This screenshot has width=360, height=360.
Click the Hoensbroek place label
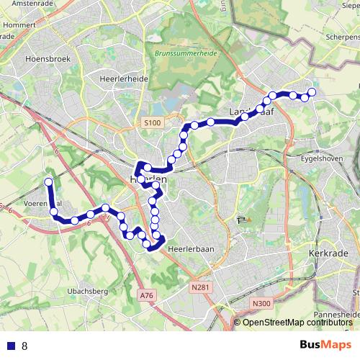point(45,59)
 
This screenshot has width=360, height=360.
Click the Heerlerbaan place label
point(186,247)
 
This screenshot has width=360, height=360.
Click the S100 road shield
point(151,123)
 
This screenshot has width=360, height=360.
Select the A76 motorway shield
point(147,295)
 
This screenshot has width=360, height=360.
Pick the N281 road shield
point(201,288)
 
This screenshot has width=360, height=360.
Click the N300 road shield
point(261,304)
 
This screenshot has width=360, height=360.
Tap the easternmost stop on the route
point(312,91)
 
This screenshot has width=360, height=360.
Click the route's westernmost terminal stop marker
point(48,182)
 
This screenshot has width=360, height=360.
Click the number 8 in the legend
point(24,346)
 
